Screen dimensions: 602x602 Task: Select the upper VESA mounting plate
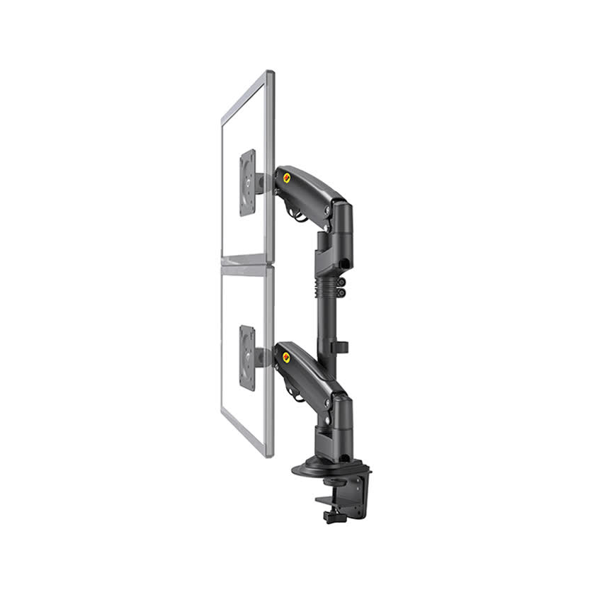tap(248, 183)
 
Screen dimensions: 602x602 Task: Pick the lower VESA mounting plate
tap(248, 358)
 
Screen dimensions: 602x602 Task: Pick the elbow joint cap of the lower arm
tap(342, 407)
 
